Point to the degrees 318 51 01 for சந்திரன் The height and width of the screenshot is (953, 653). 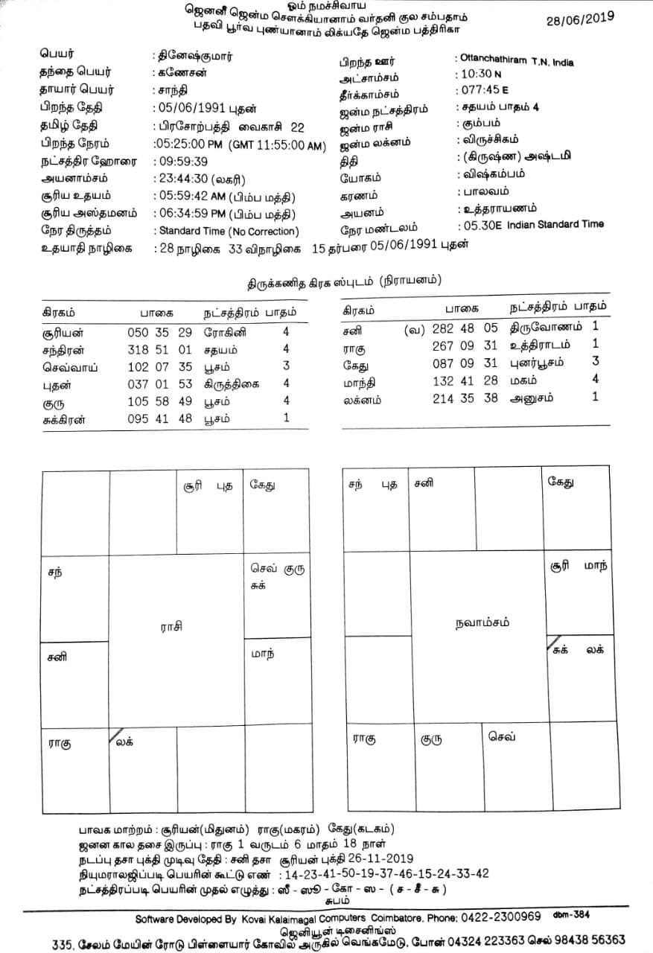161,349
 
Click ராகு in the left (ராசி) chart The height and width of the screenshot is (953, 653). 60,742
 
